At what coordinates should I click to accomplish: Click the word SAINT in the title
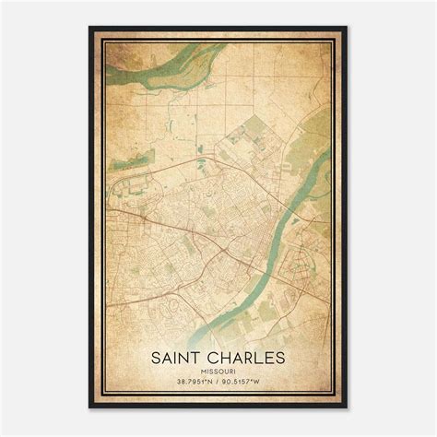point(178,354)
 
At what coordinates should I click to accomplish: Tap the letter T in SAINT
point(198,354)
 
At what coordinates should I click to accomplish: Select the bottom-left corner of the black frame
point(89,407)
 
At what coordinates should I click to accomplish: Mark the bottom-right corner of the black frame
point(347,407)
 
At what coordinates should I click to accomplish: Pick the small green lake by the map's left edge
point(120,165)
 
